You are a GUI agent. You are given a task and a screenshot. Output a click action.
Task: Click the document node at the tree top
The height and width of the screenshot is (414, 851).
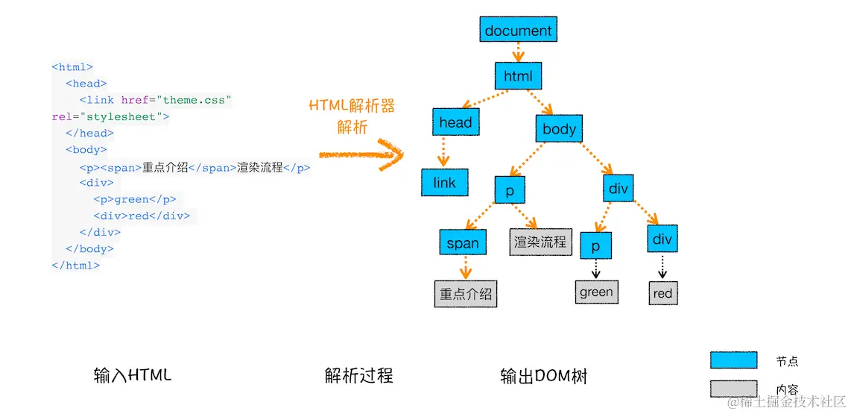point(518,31)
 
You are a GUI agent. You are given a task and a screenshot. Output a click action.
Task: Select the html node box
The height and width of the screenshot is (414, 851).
point(518,76)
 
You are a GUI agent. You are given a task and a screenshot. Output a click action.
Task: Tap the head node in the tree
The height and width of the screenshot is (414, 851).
point(455,122)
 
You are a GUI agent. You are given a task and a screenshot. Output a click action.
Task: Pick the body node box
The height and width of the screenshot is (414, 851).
point(559,129)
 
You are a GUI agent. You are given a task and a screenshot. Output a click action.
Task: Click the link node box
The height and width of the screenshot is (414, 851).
point(444,183)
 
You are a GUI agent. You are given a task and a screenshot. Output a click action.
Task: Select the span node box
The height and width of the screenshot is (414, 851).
point(463,242)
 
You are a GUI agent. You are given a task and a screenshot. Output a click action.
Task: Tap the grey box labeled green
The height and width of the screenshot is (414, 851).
point(596,292)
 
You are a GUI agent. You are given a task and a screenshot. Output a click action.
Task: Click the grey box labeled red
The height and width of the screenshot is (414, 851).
point(662,293)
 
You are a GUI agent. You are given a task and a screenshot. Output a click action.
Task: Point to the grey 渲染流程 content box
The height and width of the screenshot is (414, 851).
point(540,242)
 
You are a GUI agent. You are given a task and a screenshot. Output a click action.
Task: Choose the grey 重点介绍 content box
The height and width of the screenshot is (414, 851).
point(466,294)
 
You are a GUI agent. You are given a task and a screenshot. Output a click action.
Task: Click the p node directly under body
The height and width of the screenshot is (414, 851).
point(510,191)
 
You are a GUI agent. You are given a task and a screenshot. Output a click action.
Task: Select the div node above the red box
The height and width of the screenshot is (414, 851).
point(662,239)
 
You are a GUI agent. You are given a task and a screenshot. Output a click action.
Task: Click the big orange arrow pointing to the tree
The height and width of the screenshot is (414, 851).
point(361,155)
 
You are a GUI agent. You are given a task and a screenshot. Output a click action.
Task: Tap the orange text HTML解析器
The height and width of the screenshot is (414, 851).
point(351,105)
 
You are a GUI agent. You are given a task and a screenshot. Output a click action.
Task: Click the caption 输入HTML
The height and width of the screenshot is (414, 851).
point(133,375)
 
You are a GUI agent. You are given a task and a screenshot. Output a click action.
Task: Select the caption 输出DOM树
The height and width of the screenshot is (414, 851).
point(543,376)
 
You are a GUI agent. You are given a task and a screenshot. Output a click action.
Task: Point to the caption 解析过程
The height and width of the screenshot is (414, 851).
point(358,375)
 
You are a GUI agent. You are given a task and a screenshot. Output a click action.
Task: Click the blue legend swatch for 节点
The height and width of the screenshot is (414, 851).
point(733,360)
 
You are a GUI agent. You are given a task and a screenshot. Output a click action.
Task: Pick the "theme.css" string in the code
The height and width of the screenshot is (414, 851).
point(197,100)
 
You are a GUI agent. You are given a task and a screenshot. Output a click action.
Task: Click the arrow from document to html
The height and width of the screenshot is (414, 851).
point(518,52)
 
